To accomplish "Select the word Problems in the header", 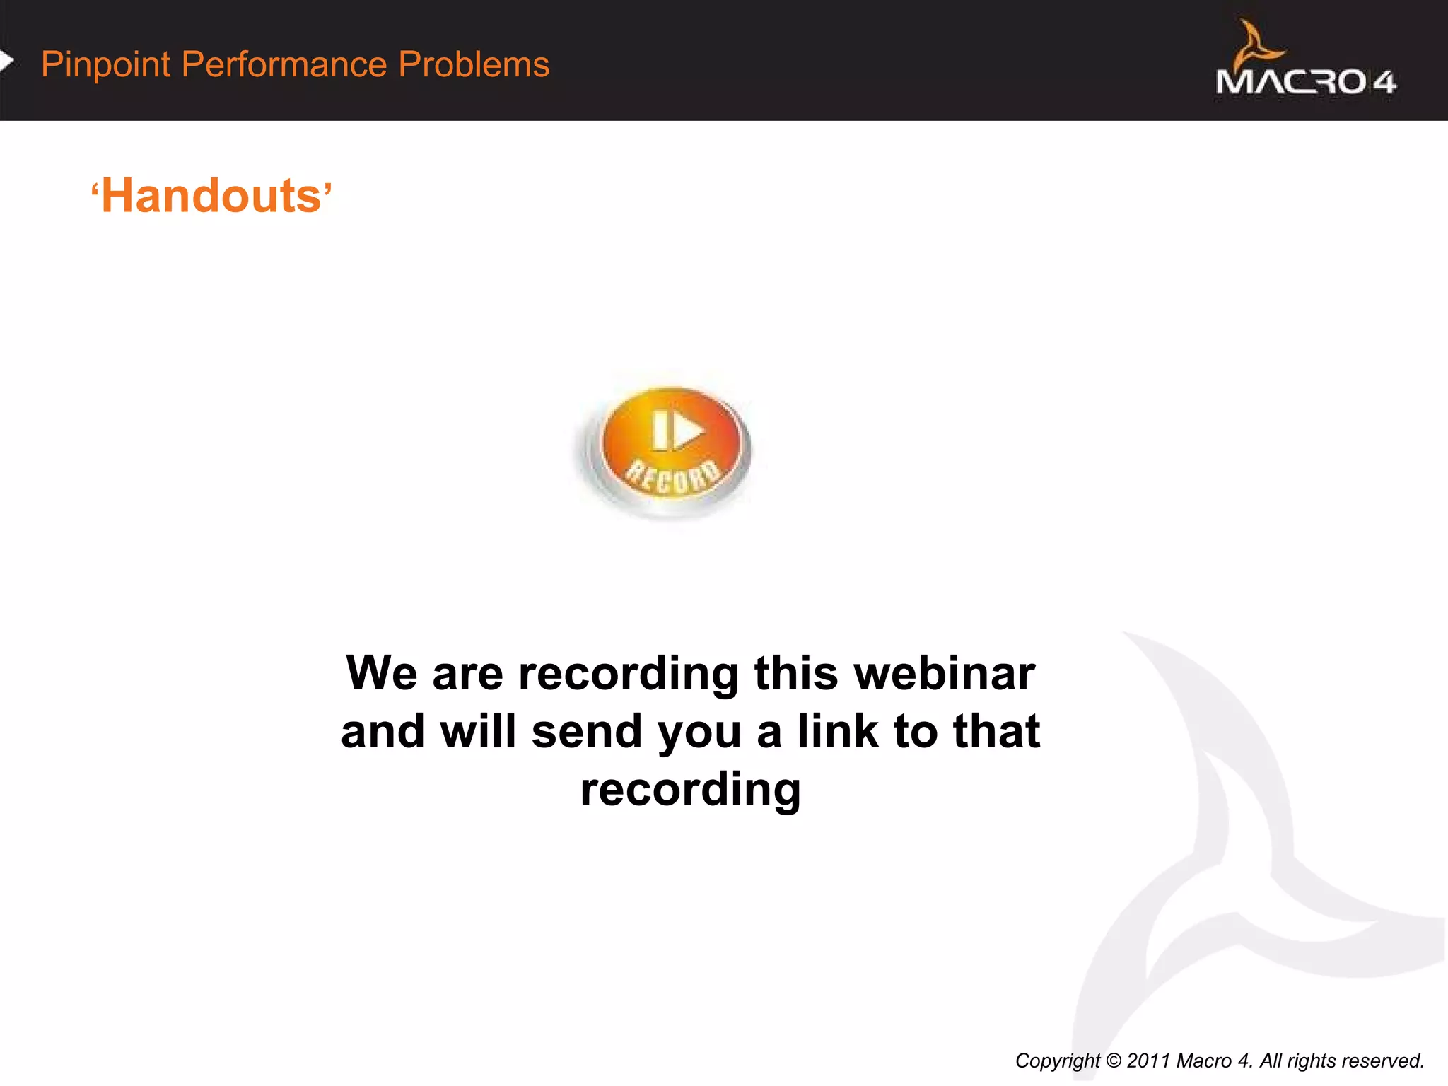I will [x=474, y=65].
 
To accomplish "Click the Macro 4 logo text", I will [x=1306, y=82].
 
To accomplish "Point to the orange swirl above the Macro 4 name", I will [x=1255, y=44].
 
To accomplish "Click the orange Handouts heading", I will [x=211, y=196].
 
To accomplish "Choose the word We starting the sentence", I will [x=381, y=673].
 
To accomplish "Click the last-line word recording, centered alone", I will [x=690, y=790].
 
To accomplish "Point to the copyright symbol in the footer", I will [x=1113, y=1061].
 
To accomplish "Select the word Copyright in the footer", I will [x=1057, y=1061].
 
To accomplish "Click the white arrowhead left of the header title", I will [x=6, y=62].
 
